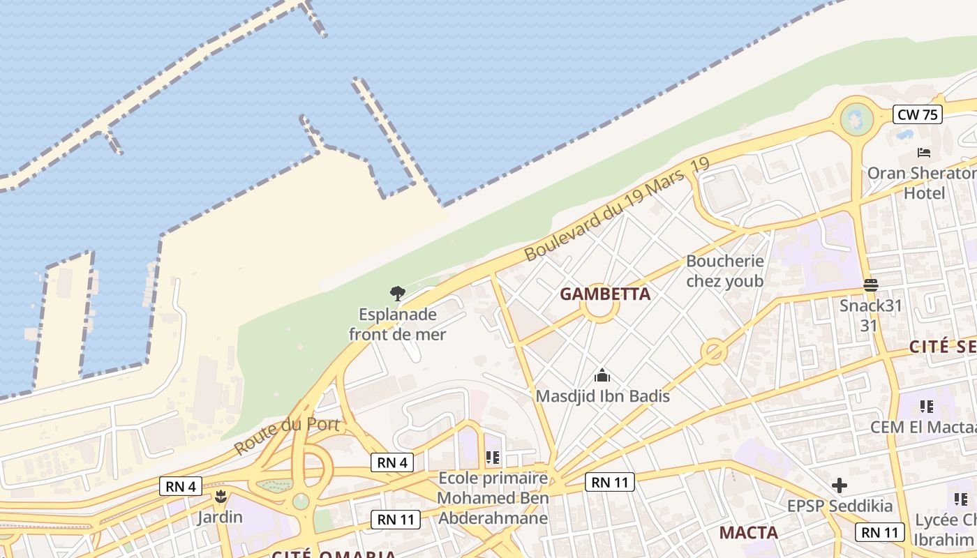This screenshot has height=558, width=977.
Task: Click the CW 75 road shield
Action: click(918, 114)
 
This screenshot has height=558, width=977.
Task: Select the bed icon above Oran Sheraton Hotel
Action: click(924, 153)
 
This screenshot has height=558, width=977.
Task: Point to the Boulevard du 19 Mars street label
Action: click(617, 209)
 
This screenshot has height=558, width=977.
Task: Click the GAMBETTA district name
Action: click(605, 294)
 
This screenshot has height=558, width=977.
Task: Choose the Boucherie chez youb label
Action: click(724, 271)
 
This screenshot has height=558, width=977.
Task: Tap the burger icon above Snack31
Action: click(870, 285)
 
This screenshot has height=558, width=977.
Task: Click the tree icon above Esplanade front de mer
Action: click(397, 293)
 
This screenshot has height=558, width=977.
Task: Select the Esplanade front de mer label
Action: click(397, 324)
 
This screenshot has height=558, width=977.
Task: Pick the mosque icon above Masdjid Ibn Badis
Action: click(602, 376)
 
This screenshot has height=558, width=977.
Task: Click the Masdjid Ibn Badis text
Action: click(602, 396)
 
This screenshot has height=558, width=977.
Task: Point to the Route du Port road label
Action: click(287, 435)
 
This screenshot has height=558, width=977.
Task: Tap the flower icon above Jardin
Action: click(221, 497)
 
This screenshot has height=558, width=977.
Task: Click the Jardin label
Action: click(220, 517)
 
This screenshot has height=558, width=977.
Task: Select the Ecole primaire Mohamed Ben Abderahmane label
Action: click(493, 498)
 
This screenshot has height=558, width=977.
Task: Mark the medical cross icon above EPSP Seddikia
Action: click(840, 485)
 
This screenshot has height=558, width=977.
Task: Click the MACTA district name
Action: click(748, 533)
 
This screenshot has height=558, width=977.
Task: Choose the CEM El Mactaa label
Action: click(923, 427)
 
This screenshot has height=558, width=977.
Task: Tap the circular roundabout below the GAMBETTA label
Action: click(599, 309)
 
